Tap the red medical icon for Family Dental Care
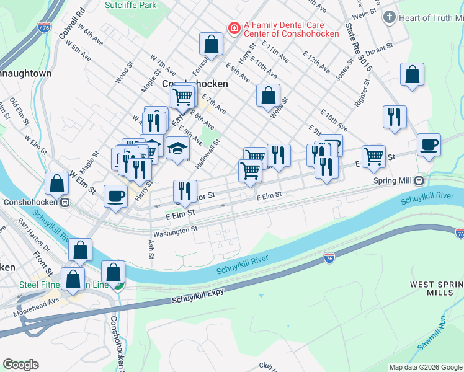coord(234,28)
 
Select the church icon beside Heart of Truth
coord(390,17)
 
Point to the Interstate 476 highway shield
coord(44,28)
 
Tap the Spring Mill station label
coord(394,181)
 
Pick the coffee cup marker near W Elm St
coord(116,197)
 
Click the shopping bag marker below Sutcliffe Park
coord(211,44)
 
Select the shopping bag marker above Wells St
coord(268,96)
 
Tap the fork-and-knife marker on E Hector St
coord(185,191)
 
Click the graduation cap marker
coord(177,148)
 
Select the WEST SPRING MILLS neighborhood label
coord(436,288)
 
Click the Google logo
coord(20,365)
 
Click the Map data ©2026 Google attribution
coord(425,367)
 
